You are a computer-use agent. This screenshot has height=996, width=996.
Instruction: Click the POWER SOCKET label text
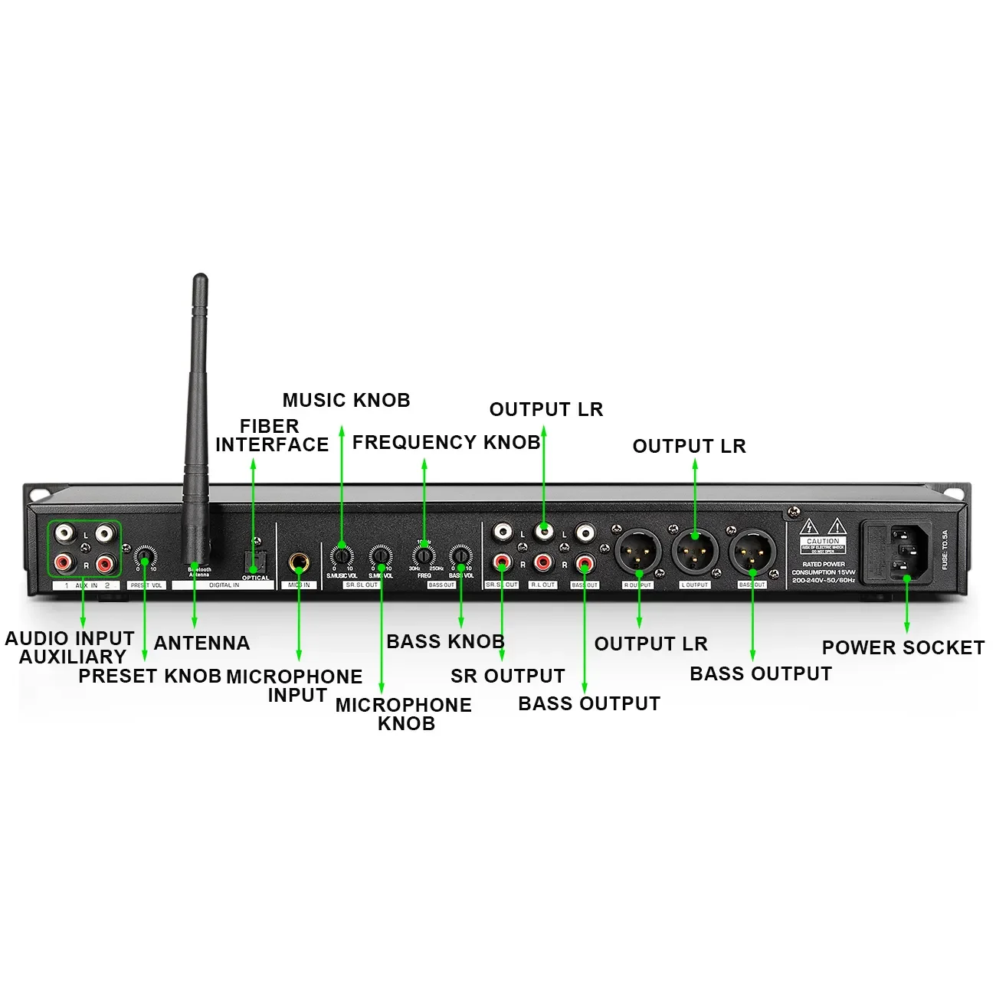[903, 647]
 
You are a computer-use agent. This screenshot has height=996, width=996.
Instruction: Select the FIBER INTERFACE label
[271, 435]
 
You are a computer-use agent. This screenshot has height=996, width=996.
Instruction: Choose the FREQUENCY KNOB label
[446, 442]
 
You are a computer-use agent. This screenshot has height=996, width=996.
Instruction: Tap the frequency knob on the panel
[424, 555]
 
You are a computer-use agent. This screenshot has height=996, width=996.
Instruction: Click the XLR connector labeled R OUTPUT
[637, 552]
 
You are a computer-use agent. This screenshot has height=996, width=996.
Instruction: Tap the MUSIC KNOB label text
[346, 400]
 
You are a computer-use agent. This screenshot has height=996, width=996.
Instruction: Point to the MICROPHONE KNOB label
[404, 714]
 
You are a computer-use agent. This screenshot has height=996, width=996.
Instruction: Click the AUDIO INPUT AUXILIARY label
[70, 647]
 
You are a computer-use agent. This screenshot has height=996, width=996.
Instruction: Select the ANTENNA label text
[202, 643]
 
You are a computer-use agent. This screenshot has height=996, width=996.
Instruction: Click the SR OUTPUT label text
[507, 676]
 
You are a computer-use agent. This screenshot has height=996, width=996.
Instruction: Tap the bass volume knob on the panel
[460, 555]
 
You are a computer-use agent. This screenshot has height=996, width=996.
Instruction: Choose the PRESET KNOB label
[150, 676]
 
